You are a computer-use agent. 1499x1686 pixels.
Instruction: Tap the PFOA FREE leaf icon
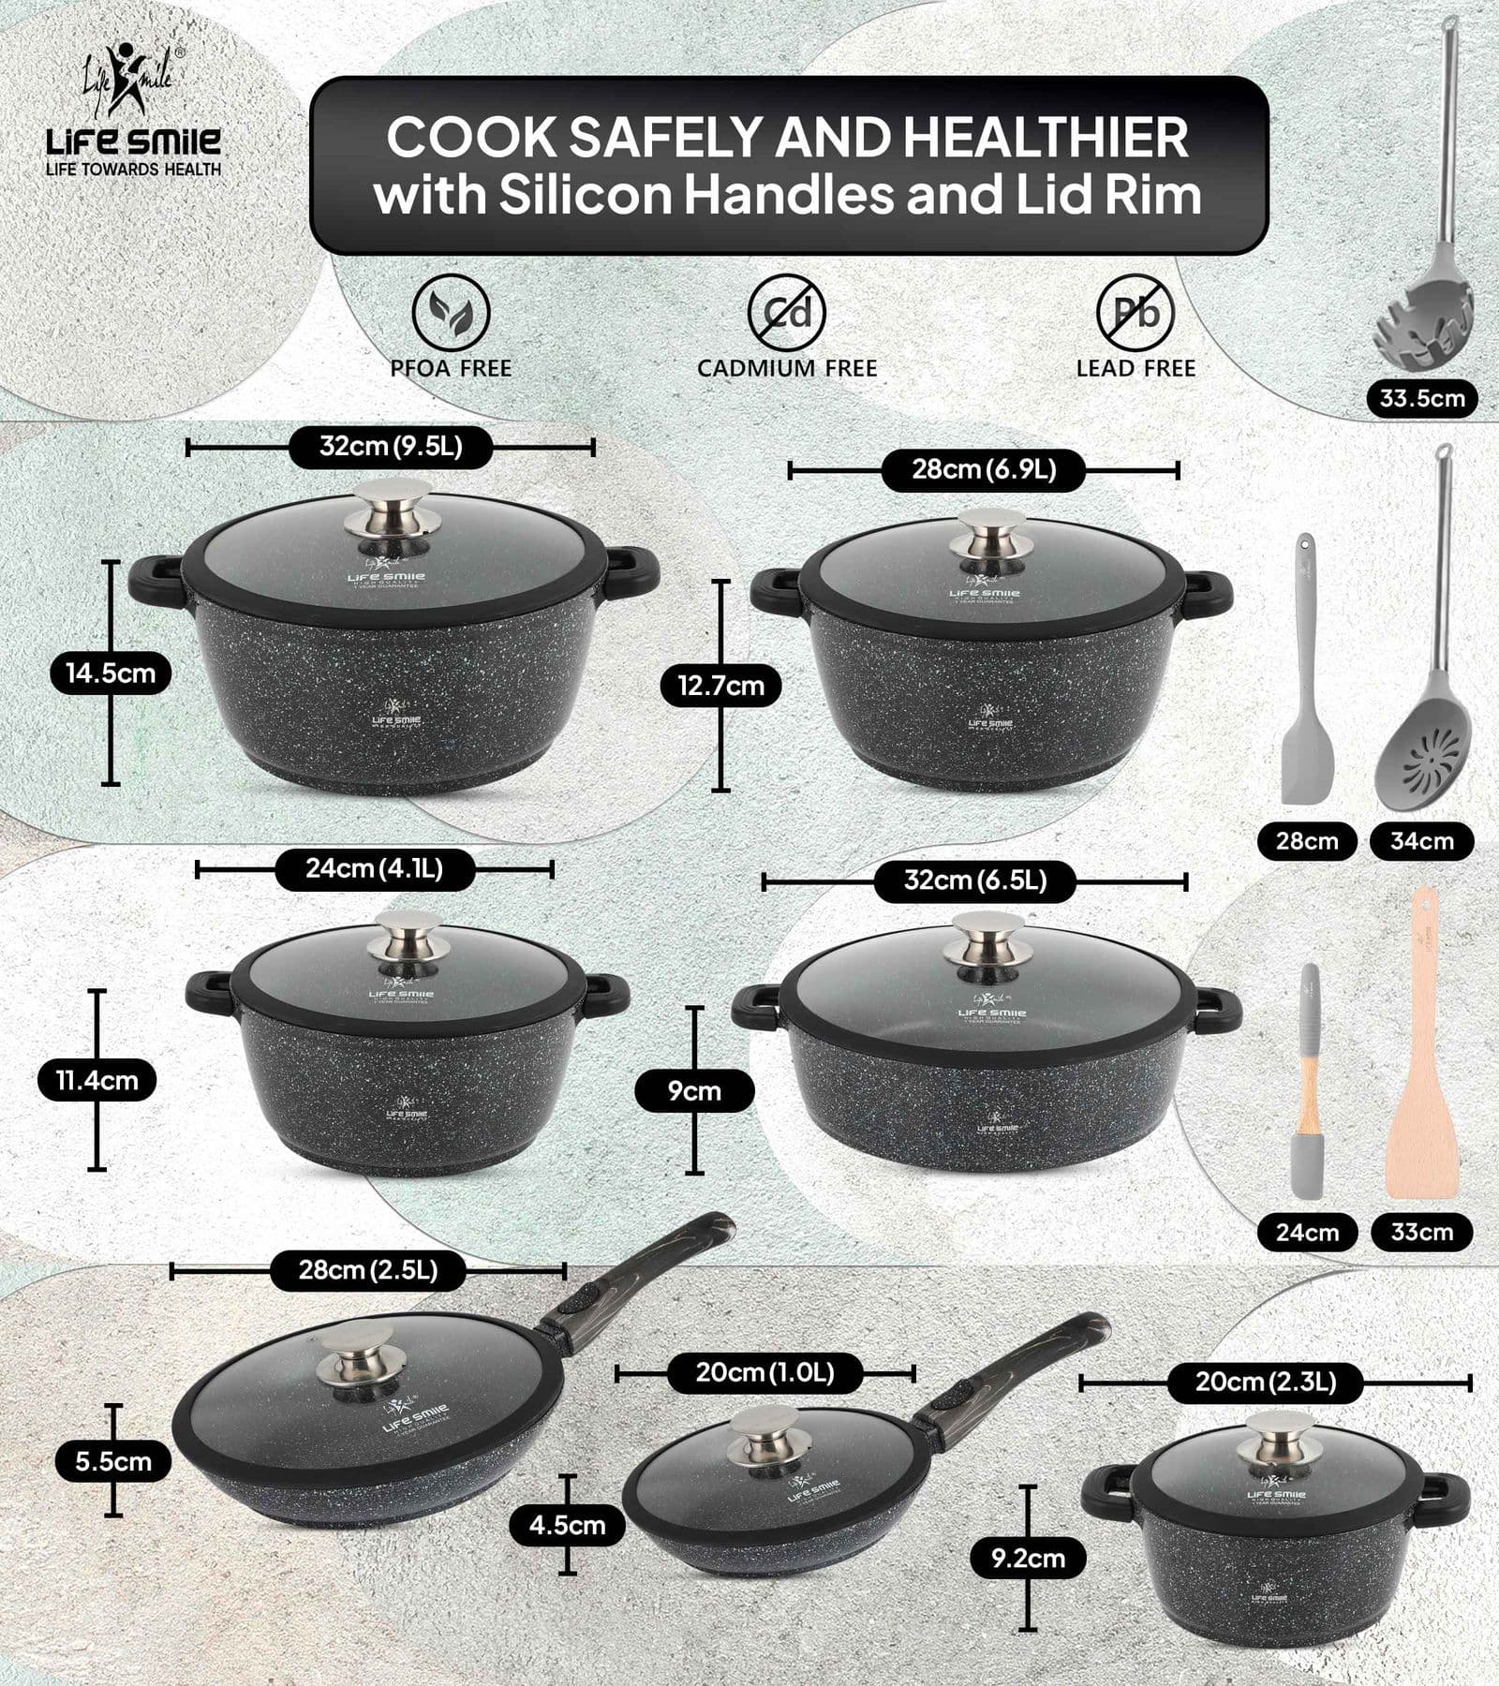pos(451,312)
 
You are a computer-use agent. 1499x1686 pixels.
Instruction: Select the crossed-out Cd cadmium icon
pos(786,312)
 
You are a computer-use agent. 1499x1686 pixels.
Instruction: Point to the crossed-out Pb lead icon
pos(1135,312)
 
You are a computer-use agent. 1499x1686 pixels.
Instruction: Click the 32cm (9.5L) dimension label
pos(391,447)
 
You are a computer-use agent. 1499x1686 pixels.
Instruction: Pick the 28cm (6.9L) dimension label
pos(984,469)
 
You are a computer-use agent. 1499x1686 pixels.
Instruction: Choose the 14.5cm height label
pos(111,673)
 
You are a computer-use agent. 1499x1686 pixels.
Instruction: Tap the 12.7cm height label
pos(720,686)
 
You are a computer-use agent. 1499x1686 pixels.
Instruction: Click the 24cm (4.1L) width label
pos(374,869)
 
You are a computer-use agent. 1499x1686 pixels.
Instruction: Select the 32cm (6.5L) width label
pos(974,881)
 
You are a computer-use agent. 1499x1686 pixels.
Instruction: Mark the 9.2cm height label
pos(1028,1559)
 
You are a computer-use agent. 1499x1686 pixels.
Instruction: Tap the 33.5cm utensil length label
pos(1421,398)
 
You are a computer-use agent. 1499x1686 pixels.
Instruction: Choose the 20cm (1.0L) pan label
pos(764,1374)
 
